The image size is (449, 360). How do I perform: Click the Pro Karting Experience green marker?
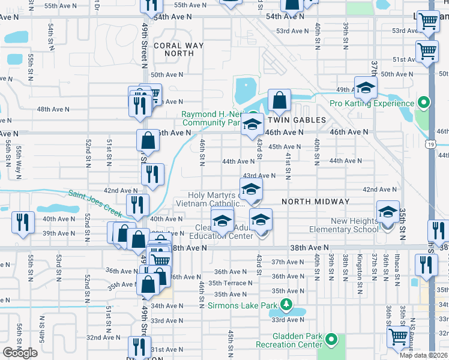point(424,103)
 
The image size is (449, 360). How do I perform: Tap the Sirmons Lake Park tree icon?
point(286,305)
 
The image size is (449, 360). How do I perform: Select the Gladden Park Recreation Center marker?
point(331,341)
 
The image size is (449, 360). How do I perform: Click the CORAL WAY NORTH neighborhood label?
point(174,49)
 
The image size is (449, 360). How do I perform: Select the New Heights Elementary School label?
point(344,226)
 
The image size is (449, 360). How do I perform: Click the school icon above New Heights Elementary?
point(388,212)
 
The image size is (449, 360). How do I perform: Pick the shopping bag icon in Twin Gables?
point(280,100)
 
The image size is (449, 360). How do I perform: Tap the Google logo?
point(20,353)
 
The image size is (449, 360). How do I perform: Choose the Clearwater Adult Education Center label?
point(233,232)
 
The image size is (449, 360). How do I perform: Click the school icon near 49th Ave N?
point(365,88)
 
